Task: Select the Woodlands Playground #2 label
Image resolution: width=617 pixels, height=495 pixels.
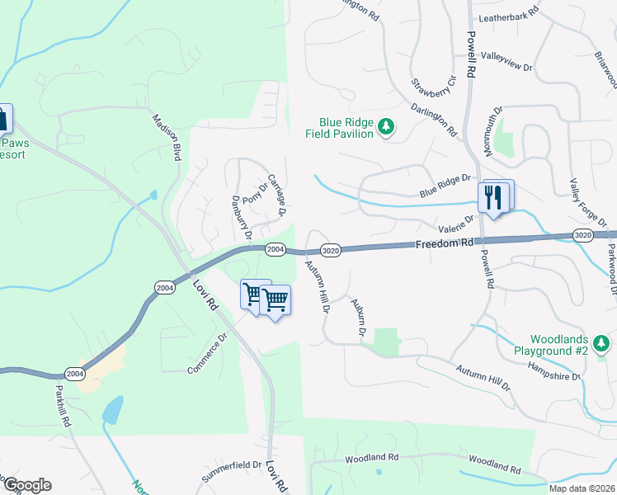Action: click(x=559, y=346)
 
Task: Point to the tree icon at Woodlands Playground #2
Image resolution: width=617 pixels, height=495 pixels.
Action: click(x=602, y=342)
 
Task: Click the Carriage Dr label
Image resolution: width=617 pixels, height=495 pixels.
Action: click(x=276, y=196)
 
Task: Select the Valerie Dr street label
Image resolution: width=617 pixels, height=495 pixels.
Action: click(x=456, y=224)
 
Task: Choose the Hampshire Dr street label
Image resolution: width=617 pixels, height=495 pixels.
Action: click(x=554, y=370)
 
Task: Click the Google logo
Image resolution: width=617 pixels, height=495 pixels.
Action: click(x=26, y=485)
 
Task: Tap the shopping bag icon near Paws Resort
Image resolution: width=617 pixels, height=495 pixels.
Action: click(x=4, y=118)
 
